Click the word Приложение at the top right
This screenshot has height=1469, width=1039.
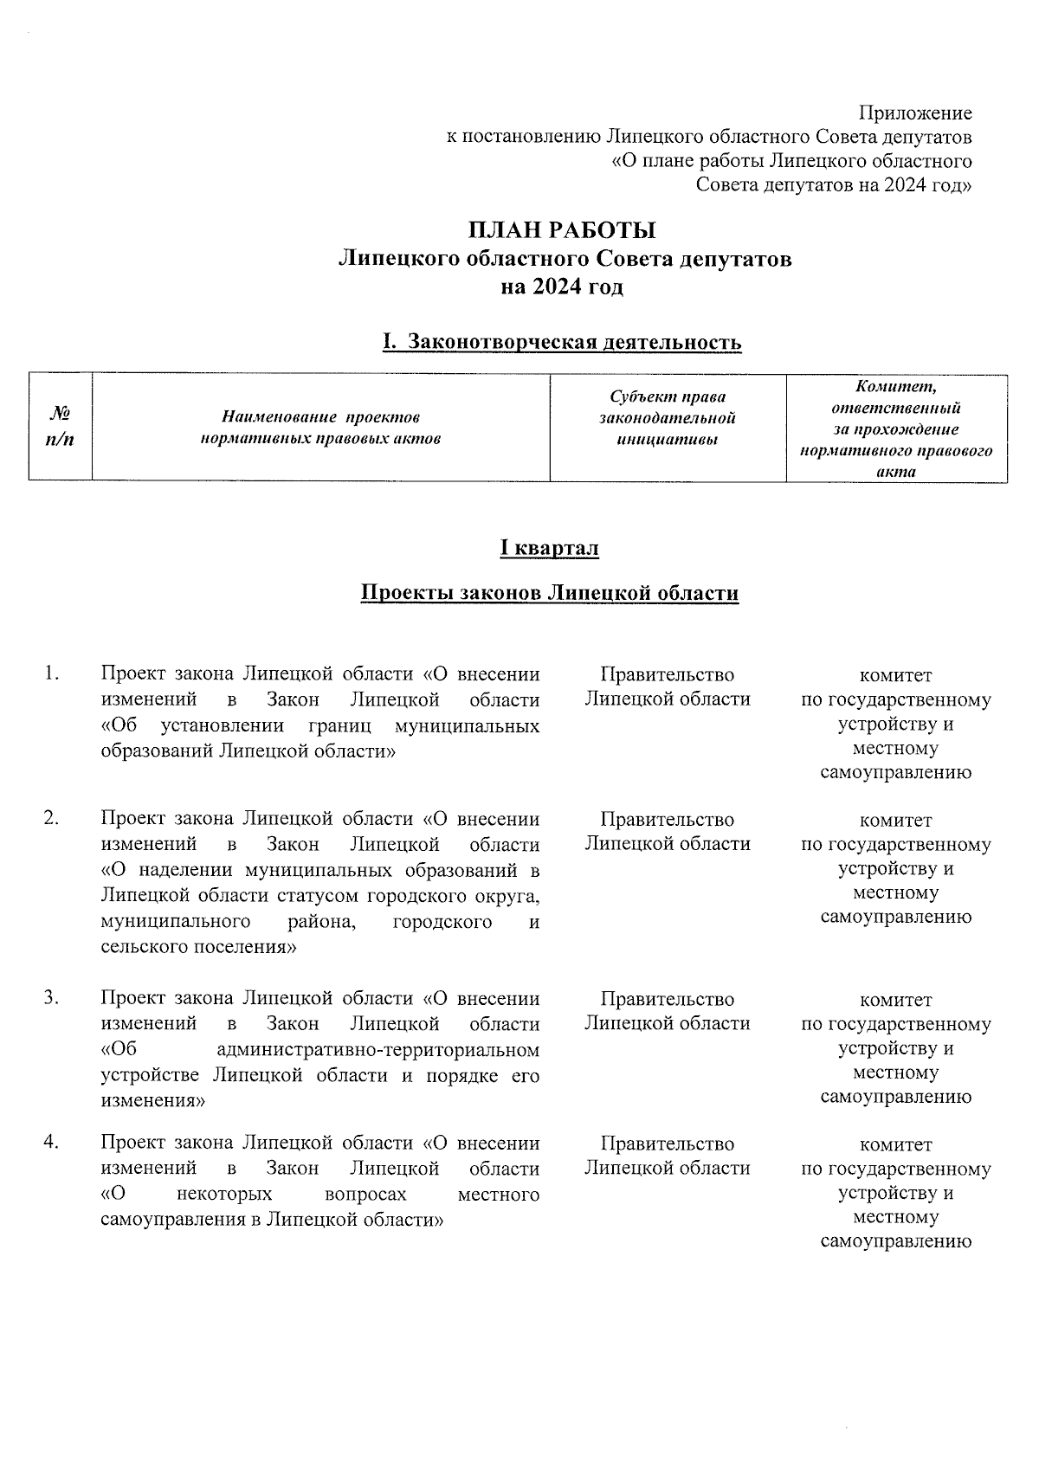click(914, 113)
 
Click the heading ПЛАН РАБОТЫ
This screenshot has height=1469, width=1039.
click(562, 230)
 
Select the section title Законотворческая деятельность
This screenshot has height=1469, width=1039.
click(573, 342)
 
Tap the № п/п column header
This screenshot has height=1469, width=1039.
click(60, 426)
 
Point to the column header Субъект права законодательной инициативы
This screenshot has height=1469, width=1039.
click(667, 418)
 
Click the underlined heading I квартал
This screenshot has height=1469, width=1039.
click(549, 548)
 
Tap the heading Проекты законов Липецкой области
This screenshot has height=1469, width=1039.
click(549, 593)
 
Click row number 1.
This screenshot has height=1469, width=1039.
click(52, 673)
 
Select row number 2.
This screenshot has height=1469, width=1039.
click(52, 818)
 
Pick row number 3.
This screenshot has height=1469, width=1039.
click(52, 997)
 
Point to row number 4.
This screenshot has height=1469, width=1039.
click(52, 1143)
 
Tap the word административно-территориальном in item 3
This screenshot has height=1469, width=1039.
click(377, 1050)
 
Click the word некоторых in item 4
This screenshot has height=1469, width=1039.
click(223, 1195)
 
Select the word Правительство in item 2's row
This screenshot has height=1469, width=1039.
click(667, 819)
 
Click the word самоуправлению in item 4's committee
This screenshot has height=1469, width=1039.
click(895, 1241)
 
